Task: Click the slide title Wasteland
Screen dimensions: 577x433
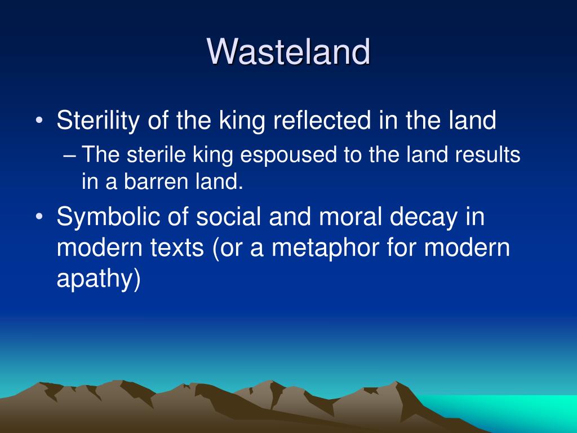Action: (288, 51)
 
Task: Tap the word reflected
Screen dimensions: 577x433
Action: (322, 120)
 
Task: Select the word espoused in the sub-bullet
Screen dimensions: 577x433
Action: (288, 155)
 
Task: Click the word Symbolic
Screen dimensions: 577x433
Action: (108, 216)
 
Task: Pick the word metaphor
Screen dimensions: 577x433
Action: (325, 248)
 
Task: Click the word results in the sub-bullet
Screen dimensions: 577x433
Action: (487, 154)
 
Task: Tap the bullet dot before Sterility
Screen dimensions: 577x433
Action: (39, 121)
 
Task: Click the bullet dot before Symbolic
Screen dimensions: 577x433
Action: (39, 216)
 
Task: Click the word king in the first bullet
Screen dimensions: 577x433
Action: (242, 121)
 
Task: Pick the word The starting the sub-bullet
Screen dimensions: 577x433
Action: (100, 154)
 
